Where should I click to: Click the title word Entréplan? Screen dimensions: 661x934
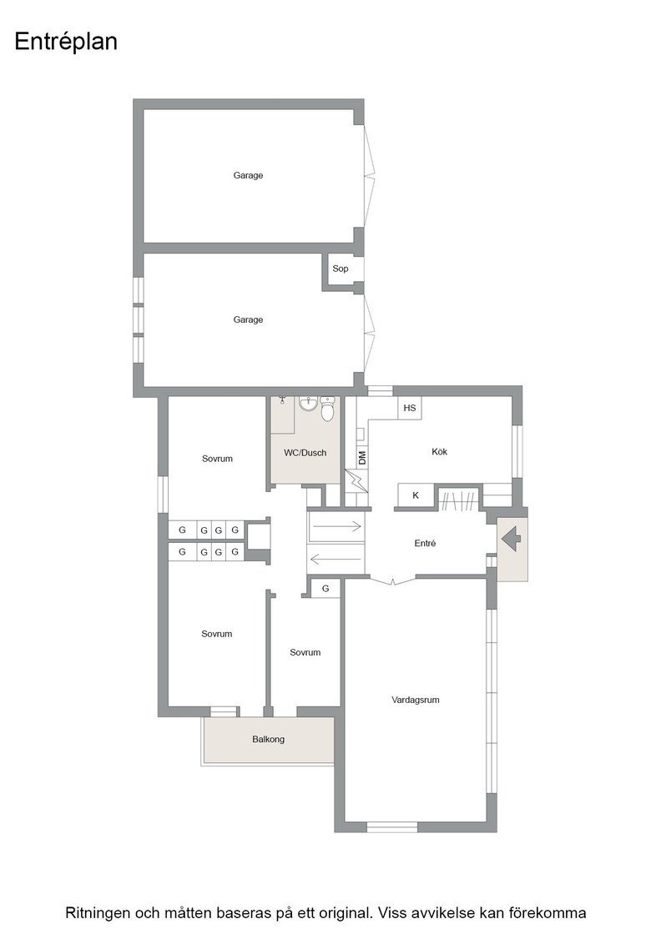click(x=66, y=43)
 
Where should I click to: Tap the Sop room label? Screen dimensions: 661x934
click(x=341, y=269)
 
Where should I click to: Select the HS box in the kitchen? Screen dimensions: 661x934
click(x=410, y=408)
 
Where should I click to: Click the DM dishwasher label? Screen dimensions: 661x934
click(x=362, y=458)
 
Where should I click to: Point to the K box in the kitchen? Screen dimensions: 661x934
click(x=416, y=495)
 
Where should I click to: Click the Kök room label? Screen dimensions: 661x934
click(x=439, y=451)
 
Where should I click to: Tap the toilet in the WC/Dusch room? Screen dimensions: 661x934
click(x=328, y=409)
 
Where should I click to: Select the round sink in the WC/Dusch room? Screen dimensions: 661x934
click(x=308, y=404)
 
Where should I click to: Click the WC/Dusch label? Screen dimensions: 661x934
click(x=305, y=453)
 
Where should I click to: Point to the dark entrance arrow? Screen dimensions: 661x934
click(x=512, y=540)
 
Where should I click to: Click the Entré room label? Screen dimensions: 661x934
click(x=425, y=543)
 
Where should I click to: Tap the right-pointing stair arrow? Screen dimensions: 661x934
click(x=336, y=526)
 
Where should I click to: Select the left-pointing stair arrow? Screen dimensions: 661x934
click(x=336, y=560)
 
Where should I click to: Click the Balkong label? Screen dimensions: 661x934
click(x=268, y=739)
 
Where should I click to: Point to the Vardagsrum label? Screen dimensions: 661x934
click(x=416, y=700)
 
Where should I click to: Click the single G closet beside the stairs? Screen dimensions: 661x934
click(x=325, y=589)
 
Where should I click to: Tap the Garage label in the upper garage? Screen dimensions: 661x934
click(x=248, y=175)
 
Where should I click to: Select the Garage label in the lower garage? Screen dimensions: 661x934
click(x=248, y=320)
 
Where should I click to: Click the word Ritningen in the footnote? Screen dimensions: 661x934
click(x=97, y=913)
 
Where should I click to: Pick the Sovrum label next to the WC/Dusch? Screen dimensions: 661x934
click(x=217, y=459)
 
